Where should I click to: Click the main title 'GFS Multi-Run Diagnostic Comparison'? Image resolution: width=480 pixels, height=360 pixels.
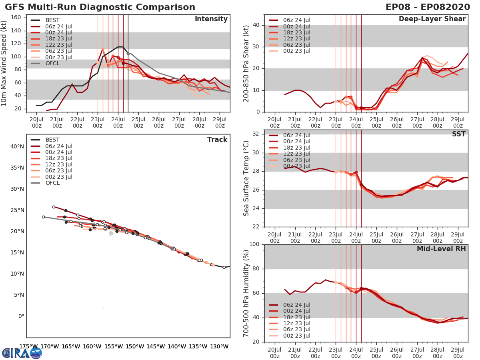pos(100,7)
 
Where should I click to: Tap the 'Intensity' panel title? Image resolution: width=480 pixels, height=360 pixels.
pos(211,19)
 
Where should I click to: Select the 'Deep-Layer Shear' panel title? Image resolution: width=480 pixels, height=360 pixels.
pos(432,19)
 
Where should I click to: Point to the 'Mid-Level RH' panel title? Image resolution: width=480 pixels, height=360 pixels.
pos(441,249)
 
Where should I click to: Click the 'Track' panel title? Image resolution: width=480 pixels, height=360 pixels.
pos(217,140)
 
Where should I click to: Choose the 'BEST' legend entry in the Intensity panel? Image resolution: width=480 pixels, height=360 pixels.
pos(52,20)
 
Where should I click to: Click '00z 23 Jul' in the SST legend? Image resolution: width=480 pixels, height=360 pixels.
pos(296,166)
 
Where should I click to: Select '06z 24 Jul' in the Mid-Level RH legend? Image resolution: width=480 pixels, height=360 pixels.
pos(296,305)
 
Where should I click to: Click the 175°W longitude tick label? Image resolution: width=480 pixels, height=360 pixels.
pos(28,346)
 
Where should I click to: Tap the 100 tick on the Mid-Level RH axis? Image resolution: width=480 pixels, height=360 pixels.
pos(253,244)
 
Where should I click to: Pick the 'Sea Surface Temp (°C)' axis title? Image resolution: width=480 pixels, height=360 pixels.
pos(246,178)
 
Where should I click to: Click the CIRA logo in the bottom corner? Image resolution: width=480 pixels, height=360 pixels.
pos(22,353)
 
